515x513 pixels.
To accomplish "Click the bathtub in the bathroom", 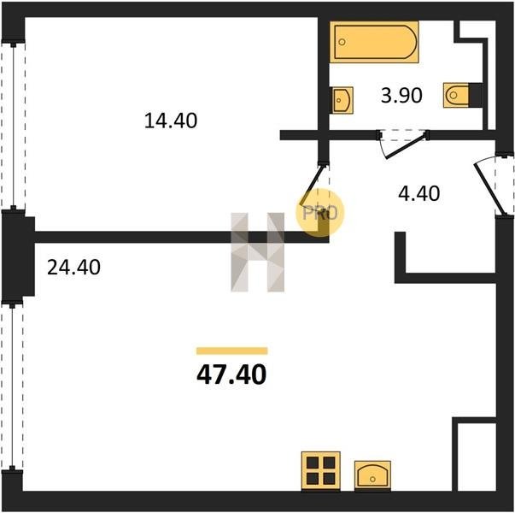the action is [374, 42].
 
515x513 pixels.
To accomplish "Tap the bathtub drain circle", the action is [342, 42].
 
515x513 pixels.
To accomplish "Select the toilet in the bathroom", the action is [456, 95].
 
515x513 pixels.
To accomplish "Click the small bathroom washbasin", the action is [342, 100].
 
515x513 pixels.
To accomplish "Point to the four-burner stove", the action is [321, 471].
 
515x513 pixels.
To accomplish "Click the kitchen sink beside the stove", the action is [372, 475].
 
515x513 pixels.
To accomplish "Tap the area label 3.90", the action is [401, 96].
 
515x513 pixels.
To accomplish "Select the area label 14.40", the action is [171, 121].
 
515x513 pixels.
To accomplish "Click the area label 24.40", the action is [74, 267].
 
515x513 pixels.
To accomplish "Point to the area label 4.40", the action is [418, 193].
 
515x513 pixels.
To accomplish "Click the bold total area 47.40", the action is [231, 374].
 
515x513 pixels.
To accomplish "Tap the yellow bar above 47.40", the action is [232, 351].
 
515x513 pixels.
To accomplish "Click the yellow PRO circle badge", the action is [320, 213].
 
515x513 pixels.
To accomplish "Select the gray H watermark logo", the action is [258, 252].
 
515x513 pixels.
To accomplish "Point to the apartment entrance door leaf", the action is [488, 189].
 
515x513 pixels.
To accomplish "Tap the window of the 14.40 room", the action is [13, 126].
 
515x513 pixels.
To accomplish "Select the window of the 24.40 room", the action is [13, 386].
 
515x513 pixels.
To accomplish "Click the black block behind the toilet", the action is [476, 95].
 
